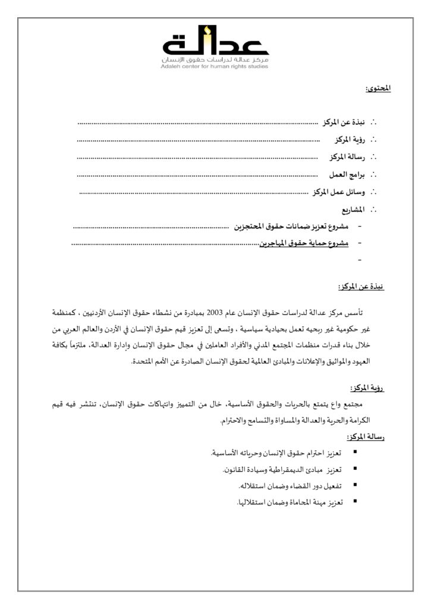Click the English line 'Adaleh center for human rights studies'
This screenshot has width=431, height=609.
click(x=215, y=67)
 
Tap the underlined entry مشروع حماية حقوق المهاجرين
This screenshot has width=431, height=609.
click(x=304, y=243)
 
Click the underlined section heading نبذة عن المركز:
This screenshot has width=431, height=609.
click(x=360, y=287)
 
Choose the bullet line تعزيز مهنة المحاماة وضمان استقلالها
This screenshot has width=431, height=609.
click(x=288, y=503)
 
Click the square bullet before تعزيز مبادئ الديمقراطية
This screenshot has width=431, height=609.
click(x=355, y=469)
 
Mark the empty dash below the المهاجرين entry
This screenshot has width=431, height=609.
click(x=360, y=260)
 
